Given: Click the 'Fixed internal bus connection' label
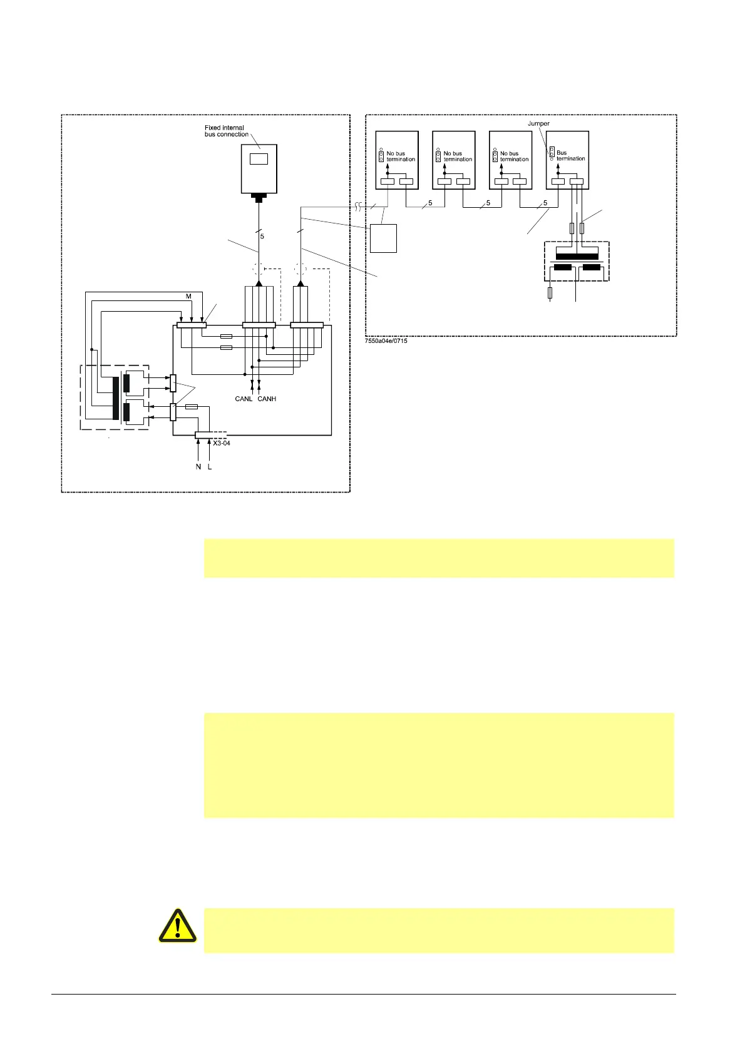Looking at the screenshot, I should pos(227,131).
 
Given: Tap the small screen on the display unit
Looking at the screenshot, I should pos(259,158).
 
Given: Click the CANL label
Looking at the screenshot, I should pos(244,399).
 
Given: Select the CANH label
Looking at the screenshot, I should pos(267,399).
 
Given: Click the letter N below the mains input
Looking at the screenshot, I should pos(198,467).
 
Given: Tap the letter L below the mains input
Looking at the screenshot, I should pos(210,467).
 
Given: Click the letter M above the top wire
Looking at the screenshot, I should pos(188,296).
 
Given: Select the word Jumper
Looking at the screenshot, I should pos(538,124).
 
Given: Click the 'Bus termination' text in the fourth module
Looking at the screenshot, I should pos(570,155).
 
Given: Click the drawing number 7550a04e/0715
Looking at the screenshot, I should pos(387,341).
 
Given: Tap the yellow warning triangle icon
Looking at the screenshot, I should pos(178,926).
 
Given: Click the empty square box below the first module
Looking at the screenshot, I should pos(383,238).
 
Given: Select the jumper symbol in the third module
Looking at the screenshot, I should pos(495,155).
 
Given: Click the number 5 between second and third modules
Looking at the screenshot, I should pos(488,203).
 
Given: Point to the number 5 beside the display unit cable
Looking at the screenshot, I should pos(262,236).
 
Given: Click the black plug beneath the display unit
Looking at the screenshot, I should pos(259,198).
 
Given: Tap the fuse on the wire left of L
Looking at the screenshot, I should pos(192,407).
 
